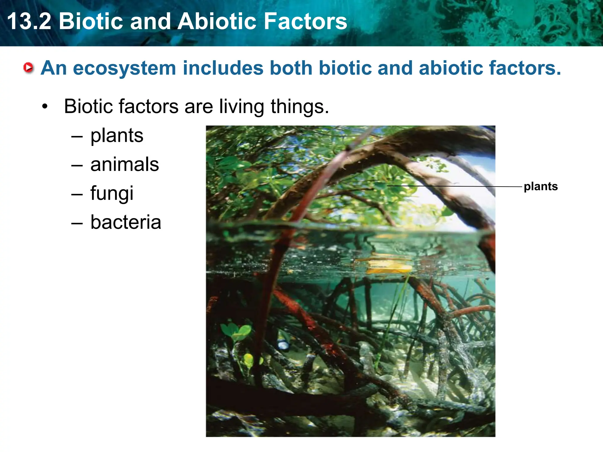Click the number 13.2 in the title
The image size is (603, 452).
click(29, 21)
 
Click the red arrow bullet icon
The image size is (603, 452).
click(29, 68)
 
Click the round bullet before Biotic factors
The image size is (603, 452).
click(44, 107)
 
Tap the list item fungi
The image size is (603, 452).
click(112, 193)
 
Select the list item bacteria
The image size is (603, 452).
click(126, 222)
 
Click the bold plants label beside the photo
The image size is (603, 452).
click(541, 187)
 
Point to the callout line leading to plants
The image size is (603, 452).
click(453, 186)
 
